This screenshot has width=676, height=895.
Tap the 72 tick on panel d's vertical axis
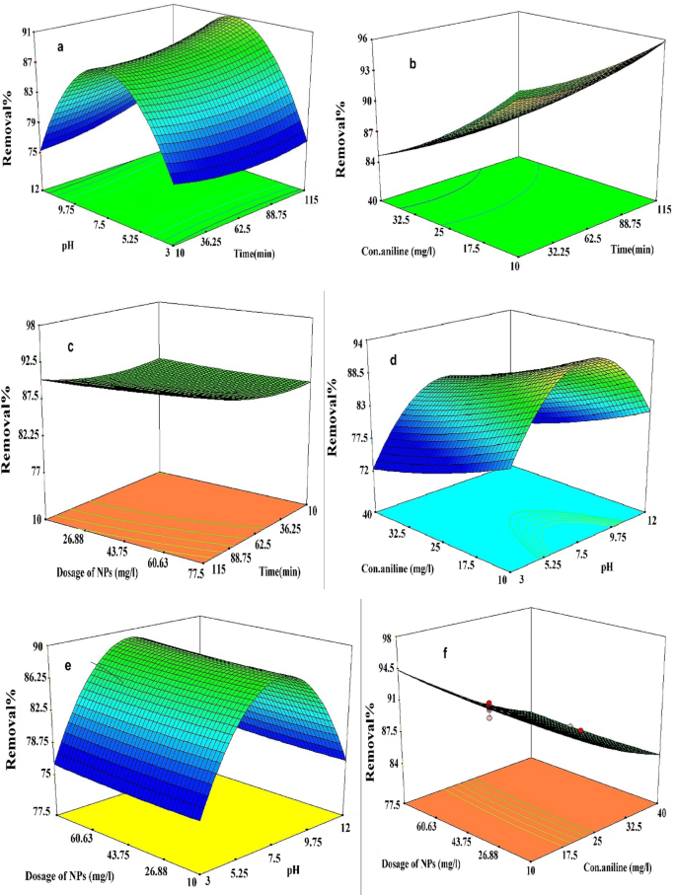coord(362,471)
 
